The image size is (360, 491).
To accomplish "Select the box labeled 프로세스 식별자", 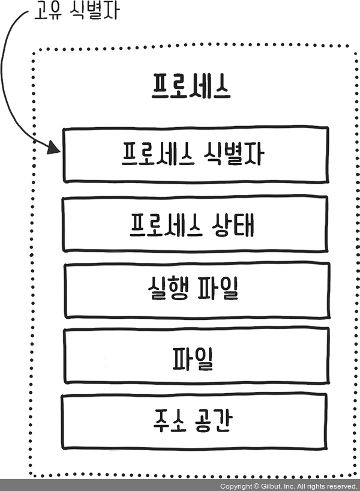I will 196,154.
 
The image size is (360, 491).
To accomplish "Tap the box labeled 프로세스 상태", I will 196,224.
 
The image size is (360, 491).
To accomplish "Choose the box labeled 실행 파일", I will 196,291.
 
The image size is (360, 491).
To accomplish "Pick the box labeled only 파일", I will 196,357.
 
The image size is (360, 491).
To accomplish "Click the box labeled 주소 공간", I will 196,421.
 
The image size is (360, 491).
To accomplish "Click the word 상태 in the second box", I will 236,224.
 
